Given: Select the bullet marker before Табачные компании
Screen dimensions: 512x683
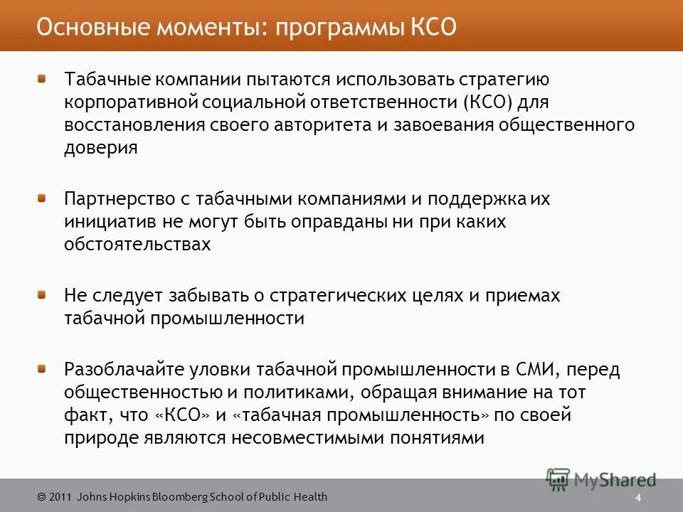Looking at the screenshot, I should (x=44, y=78).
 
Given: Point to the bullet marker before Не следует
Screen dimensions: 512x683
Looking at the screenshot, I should (x=44, y=294).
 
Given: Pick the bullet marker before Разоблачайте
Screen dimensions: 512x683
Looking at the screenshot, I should (x=44, y=369).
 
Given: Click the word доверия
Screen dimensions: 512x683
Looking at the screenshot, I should (x=100, y=148).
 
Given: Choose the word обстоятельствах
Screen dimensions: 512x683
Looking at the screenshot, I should (x=137, y=245).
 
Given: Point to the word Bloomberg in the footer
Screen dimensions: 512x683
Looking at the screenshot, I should (x=171, y=497).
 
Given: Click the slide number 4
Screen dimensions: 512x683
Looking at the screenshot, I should (x=638, y=497).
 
